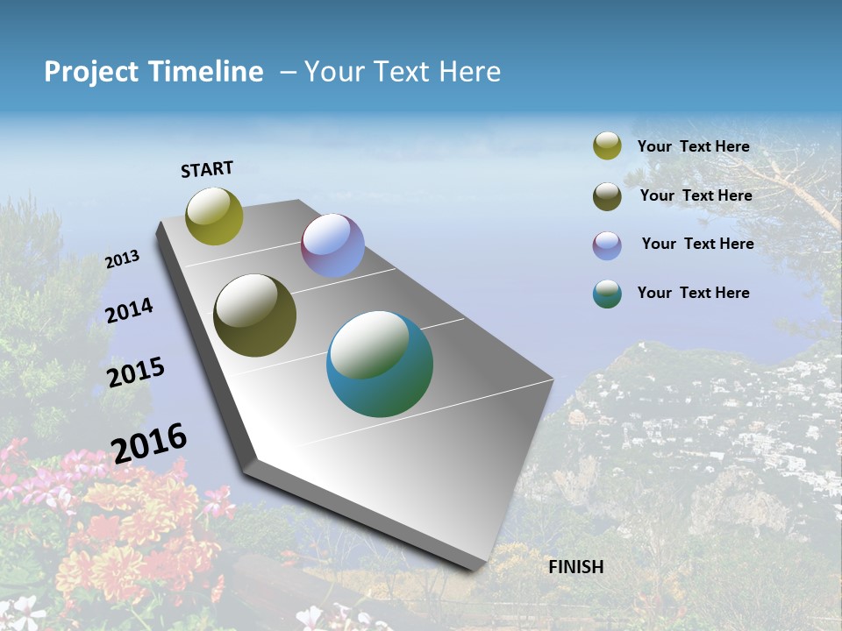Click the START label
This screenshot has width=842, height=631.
pyautogui.click(x=207, y=169)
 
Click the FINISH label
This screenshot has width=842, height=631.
pyautogui.click(x=576, y=567)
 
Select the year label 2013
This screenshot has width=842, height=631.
pyautogui.click(x=122, y=259)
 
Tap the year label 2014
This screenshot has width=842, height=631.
pyautogui.click(x=130, y=310)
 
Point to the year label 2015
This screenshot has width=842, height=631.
pyautogui.click(x=136, y=372)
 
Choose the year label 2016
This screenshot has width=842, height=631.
pyautogui.click(x=149, y=443)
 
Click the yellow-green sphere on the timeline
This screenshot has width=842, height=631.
pyautogui.click(x=215, y=216)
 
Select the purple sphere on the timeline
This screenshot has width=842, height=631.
pyautogui.click(x=332, y=245)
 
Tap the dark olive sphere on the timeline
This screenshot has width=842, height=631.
pyautogui.click(x=255, y=315)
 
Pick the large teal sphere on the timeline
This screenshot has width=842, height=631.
pyautogui.click(x=380, y=364)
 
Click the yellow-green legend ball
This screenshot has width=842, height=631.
pyautogui.click(x=607, y=145)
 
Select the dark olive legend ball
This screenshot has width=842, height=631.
pyautogui.click(x=607, y=196)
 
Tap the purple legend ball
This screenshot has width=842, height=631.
pyautogui.click(x=607, y=245)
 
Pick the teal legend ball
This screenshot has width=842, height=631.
pyautogui.click(x=607, y=294)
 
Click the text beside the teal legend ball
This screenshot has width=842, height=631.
pyautogui.click(x=693, y=293)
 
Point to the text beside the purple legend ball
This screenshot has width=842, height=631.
pyautogui.click(x=697, y=244)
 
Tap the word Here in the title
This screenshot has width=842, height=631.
pyautogui.click(x=469, y=72)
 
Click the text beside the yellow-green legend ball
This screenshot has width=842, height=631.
pyautogui.click(x=693, y=146)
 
